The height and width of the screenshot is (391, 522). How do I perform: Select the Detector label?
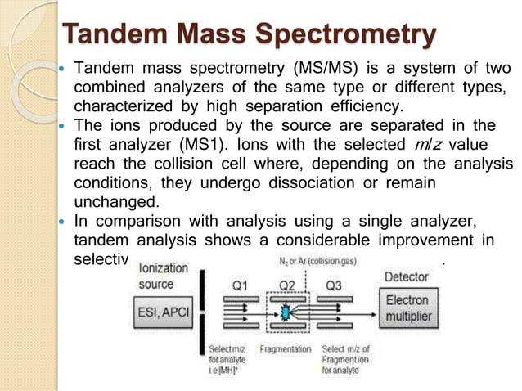[406, 277]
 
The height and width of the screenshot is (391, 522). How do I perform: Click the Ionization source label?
[164, 276]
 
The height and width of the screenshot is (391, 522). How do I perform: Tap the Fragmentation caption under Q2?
[285, 349]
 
